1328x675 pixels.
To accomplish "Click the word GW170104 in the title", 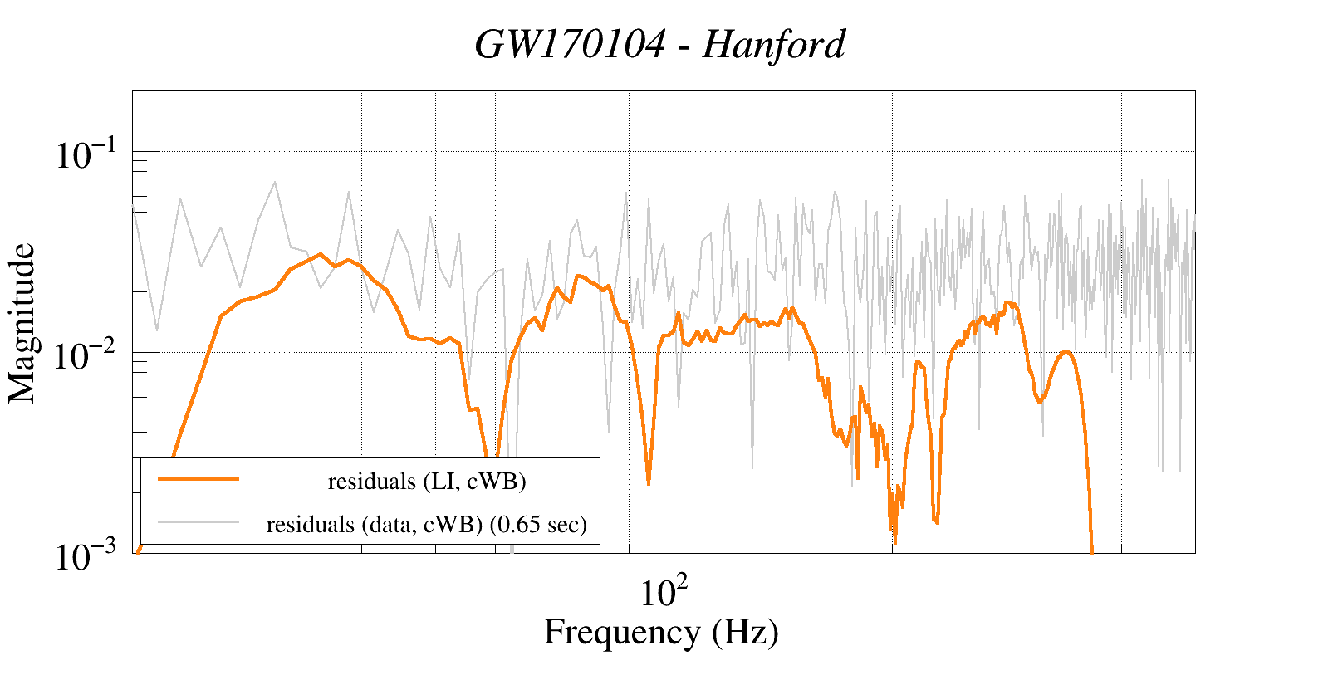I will pyautogui.click(x=570, y=45).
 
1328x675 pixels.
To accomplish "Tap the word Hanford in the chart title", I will pyautogui.click(x=774, y=45).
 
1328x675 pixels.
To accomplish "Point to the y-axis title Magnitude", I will pyautogui.click(x=22, y=323).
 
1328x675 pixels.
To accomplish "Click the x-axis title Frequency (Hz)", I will pyautogui.click(x=661, y=633).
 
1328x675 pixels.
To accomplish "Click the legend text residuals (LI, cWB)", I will pyautogui.click(x=427, y=482).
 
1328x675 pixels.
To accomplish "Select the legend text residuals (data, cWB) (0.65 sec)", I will pyautogui.click(x=427, y=525).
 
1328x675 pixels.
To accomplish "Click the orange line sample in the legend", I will pyautogui.click(x=198, y=479).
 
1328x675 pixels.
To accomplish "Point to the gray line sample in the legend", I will pyautogui.click(x=198, y=522).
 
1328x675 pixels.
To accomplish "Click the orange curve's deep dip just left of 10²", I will pyautogui.click(x=648, y=482).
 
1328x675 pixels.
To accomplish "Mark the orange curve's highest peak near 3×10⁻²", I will pyautogui.click(x=321, y=254).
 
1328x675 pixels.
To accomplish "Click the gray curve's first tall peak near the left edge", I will pyautogui.click(x=180, y=198).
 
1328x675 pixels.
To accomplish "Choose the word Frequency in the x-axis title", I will pyautogui.click(x=621, y=633).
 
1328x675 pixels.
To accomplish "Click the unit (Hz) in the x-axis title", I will pyautogui.click(x=745, y=633).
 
